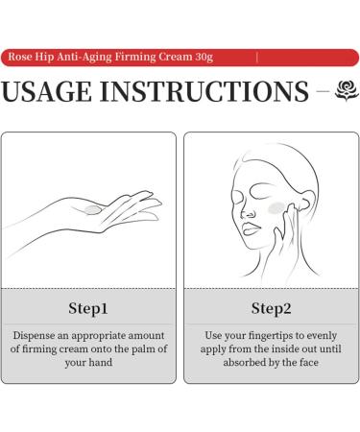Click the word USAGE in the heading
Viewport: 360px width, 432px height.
[46, 91]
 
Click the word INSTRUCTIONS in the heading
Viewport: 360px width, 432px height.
[204, 91]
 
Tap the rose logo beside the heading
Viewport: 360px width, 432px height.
[347, 90]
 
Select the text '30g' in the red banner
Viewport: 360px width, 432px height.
[204, 57]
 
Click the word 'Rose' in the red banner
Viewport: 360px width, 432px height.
[20, 57]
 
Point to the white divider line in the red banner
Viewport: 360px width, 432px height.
[257, 58]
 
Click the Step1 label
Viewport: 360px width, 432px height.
[88, 308]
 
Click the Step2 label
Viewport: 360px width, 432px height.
[272, 308]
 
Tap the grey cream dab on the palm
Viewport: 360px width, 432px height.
[93, 210]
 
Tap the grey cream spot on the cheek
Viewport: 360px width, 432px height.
[276, 208]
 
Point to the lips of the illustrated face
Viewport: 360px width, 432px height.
[251, 228]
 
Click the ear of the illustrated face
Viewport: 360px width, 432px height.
[303, 201]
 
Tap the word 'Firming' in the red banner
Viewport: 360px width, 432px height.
[135, 57]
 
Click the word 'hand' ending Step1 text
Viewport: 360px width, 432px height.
[101, 362]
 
